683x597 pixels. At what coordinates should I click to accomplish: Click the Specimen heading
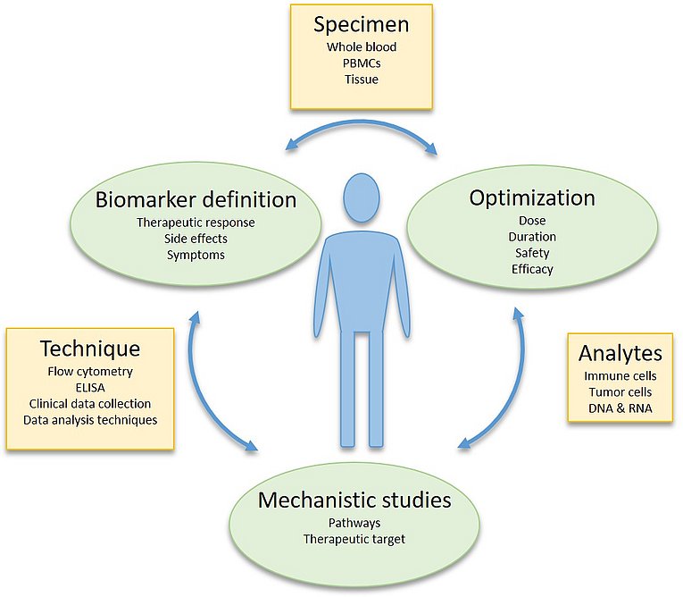pyautogui.click(x=362, y=25)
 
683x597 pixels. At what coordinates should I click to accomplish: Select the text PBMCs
pyautogui.click(x=362, y=63)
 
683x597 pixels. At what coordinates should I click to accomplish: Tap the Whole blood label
pyautogui.click(x=362, y=47)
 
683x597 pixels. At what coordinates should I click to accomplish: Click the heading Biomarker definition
pyautogui.click(x=196, y=199)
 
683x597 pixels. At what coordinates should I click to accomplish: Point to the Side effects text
pyautogui.click(x=196, y=239)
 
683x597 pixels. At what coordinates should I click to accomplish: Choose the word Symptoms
pyautogui.click(x=196, y=255)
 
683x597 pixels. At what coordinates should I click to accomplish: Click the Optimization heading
pyautogui.click(x=532, y=199)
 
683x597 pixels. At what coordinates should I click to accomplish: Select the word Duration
pyautogui.click(x=532, y=237)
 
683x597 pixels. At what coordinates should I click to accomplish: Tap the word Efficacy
pyautogui.click(x=532, y=269)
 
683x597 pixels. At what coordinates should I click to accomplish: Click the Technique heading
pyautogui.click(x=90, y=349)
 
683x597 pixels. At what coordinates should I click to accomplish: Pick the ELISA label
pyautogui.click(x=90, y=388)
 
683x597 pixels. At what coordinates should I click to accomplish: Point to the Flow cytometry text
pyautogui.click(x=90, y=372)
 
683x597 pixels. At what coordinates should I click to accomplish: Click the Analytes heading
pyautogui.click(x=621, y=353)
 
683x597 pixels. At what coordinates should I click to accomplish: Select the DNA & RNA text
pyautogui.click(x=621, y=408)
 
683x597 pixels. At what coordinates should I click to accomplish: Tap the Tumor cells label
pyautogui.click(x=621, y=392)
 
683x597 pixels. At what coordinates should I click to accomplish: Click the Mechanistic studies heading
pyautogui.click(x=354, y=500)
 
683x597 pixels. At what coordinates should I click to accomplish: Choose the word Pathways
pyautogui.click(x=354, y=523)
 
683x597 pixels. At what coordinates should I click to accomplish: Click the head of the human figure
pyautogui.click(x=361, y=198)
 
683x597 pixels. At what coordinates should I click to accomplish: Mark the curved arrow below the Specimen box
pyautogui.click(x=362, y=124)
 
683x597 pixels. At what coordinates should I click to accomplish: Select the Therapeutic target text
pyautogui.click(x=354, y=540)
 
